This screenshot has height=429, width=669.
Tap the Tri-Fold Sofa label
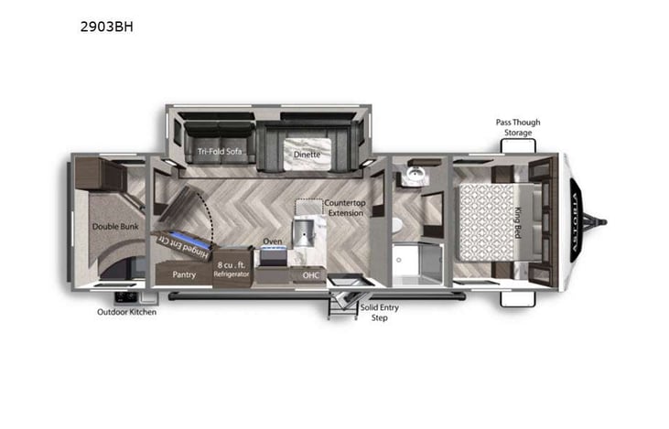220,151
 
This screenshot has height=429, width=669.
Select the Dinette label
307,155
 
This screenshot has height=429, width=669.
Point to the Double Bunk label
113,225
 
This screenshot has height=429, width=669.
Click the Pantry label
185,273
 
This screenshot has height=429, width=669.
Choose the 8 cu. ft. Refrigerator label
232,270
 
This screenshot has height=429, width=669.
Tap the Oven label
273,241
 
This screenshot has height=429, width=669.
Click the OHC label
308,273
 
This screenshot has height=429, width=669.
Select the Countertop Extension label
344,208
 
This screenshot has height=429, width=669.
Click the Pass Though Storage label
516,127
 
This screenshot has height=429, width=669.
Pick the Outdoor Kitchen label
127,312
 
